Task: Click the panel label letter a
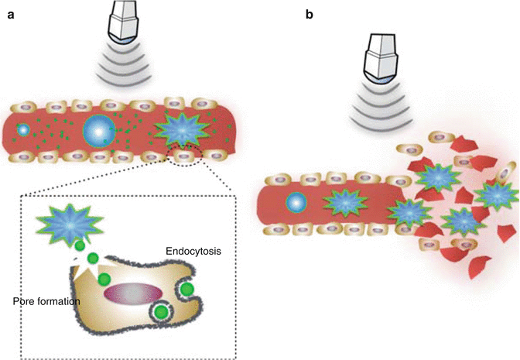[x=10, y=14]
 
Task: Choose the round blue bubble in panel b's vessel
[x=296, y=204]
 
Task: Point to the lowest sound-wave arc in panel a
[x=124, y=81]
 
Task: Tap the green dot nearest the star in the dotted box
[x=80, y=247]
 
